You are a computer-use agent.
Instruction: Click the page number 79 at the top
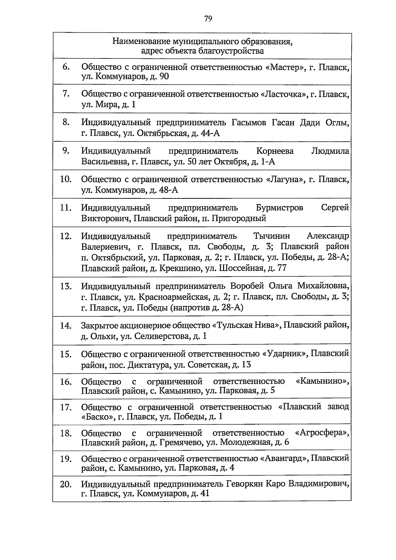point(208,18)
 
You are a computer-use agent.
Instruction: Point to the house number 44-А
point(210,133)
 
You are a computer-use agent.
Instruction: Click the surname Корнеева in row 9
point(275,151)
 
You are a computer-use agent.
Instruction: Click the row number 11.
point(66,208)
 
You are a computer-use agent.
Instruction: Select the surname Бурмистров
point(279,208)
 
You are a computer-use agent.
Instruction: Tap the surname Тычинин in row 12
point(272,236)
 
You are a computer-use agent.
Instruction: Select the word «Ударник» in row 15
point(285,354)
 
